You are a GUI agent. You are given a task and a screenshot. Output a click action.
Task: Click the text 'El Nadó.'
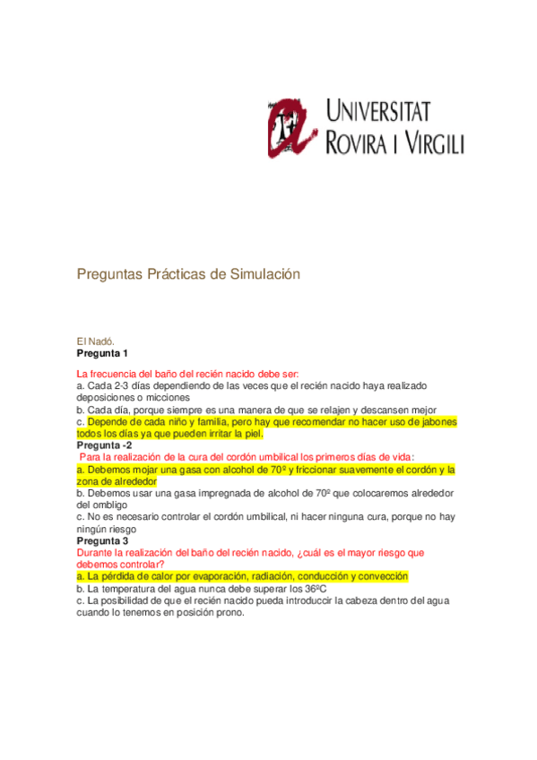click(95, 341)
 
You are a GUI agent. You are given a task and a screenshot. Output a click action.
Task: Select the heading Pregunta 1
click(102, 353)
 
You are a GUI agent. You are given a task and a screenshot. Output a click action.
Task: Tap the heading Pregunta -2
click(105, 445)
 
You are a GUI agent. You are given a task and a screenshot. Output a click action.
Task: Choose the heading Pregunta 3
click(102, 541)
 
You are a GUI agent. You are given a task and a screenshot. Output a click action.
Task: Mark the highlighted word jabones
click(435, 421)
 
